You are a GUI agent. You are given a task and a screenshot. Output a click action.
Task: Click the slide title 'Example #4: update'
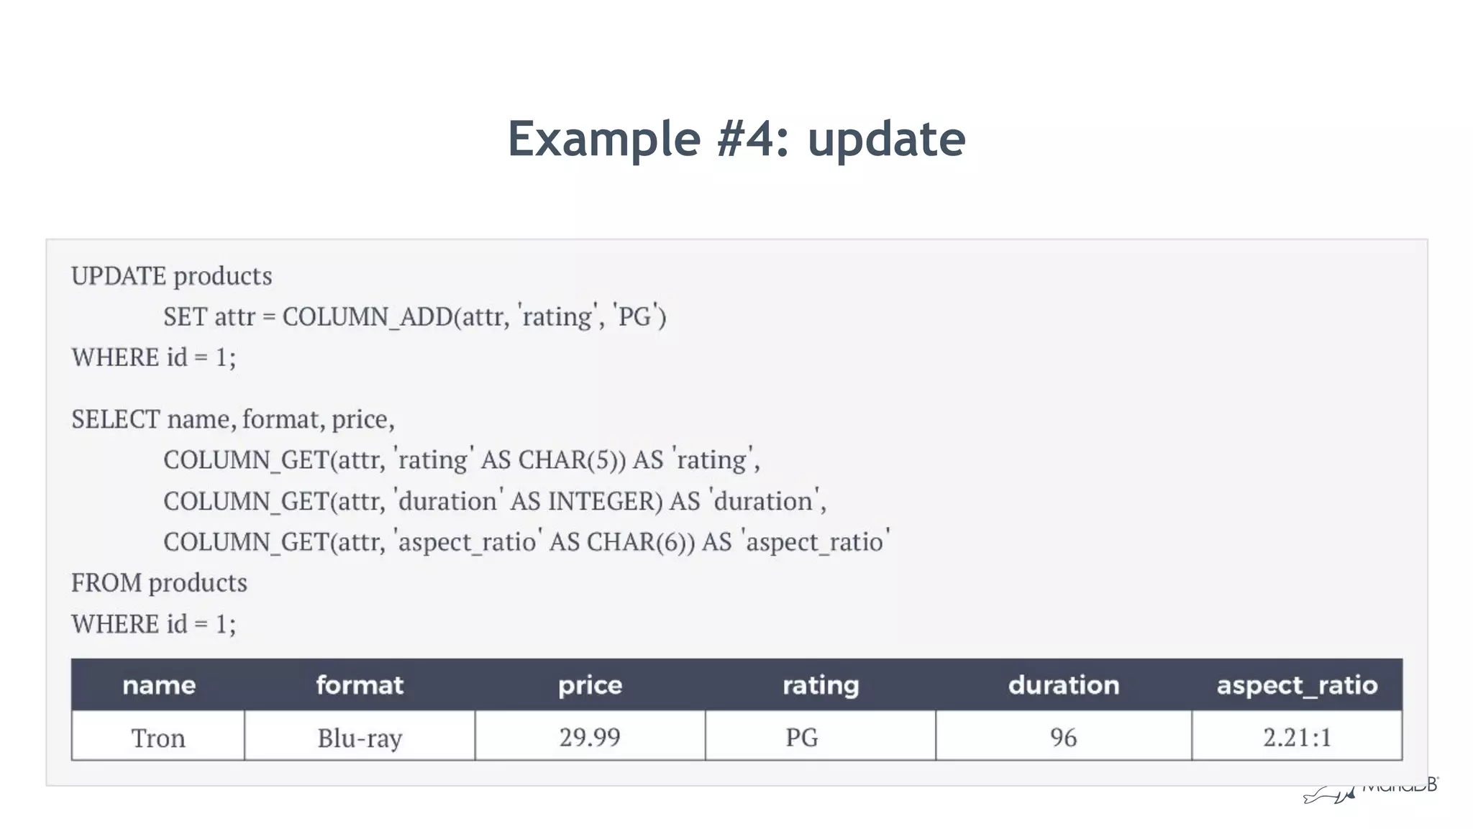[736, 139]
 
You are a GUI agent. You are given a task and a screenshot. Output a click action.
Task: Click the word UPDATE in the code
[119, 276]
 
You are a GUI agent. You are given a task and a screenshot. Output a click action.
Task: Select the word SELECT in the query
[115, 419]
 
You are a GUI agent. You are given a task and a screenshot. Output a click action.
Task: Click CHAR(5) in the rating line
[572, 460]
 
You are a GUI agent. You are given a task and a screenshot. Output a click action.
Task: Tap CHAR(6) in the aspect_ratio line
[640, 542]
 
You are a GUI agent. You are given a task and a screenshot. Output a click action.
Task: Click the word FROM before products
[106, 583]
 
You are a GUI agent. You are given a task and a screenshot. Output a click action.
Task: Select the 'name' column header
[158, 685]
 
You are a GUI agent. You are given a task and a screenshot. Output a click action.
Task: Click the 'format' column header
[360, 685]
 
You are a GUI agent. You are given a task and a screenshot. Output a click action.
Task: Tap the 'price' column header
[590, 685]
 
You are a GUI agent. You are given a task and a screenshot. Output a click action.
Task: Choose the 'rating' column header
[821, 685]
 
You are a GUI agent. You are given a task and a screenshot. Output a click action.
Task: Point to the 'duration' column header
[1064, 685]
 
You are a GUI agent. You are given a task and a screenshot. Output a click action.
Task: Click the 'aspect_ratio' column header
[1297, 685]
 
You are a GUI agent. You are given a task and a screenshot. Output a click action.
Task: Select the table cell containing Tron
[158, 738]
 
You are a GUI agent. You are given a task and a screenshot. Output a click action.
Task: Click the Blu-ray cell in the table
[360, 738]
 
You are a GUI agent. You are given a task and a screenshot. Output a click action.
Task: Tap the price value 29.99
[590, 738]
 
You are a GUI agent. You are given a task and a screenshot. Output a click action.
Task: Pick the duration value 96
[1064, 738]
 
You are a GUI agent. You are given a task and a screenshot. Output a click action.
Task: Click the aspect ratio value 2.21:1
[1297, 738]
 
